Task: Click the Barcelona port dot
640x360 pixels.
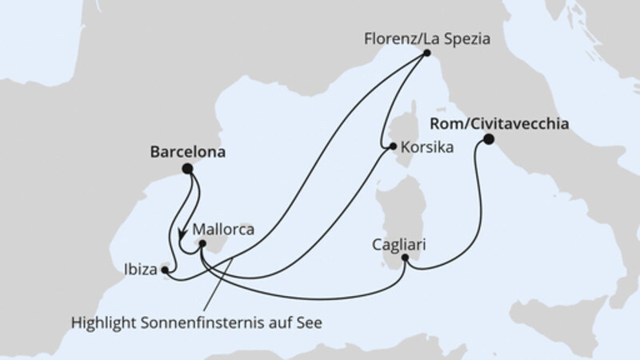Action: tap(187, 168)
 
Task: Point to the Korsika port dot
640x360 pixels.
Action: tap(392, 146)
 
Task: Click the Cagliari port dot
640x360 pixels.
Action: tap(407, 258)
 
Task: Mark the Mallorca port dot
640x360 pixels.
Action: tap(202, 245)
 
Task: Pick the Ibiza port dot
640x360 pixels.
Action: tap(165, 270)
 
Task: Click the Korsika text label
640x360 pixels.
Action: tap(426, 148)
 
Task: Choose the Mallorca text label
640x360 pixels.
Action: tap(223, 229)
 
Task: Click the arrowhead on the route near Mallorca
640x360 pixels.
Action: tap(182, 237)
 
